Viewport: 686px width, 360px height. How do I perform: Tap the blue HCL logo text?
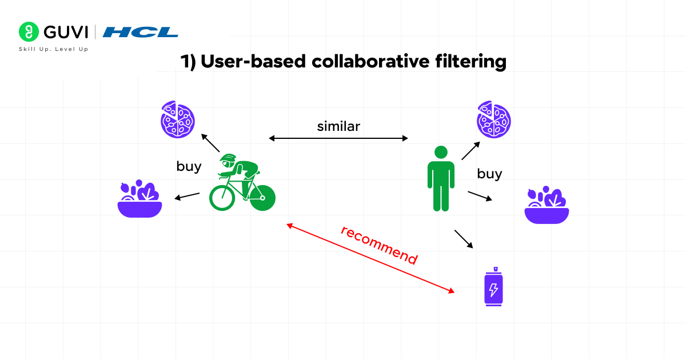pos(141,32)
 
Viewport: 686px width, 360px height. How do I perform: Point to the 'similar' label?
pos(338,126)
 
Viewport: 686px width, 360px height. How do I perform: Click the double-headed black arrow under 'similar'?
pos(338,138)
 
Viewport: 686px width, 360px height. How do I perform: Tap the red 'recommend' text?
pos(379,245)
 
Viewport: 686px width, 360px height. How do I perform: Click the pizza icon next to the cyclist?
pos(177,118)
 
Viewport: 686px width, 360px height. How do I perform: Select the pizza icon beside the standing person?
pos(493,119)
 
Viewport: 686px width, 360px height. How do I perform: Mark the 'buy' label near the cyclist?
pos(189,166)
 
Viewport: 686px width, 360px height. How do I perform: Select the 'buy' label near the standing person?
pos(489,174)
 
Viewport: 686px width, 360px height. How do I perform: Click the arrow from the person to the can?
pos(464,239)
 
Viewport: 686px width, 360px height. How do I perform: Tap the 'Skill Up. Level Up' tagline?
pos(54,49)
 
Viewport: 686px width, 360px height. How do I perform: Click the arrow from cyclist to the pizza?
pos(210,143)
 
